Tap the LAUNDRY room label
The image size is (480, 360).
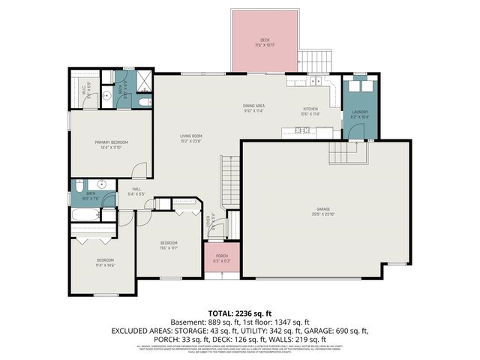click(x=360, y=115)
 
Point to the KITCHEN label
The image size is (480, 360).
click(x=310, y=109)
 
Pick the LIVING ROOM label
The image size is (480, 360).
click(x=190, y=138)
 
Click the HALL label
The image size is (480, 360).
click(x=136, y=190)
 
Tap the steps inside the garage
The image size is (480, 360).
click(x=349, y=154)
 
